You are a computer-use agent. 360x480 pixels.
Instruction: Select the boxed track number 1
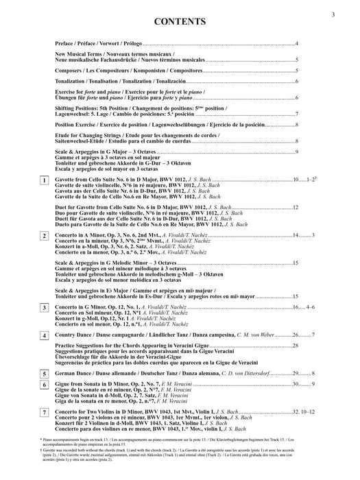(44, 180)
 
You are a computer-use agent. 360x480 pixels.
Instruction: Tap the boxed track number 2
(44, 236)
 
